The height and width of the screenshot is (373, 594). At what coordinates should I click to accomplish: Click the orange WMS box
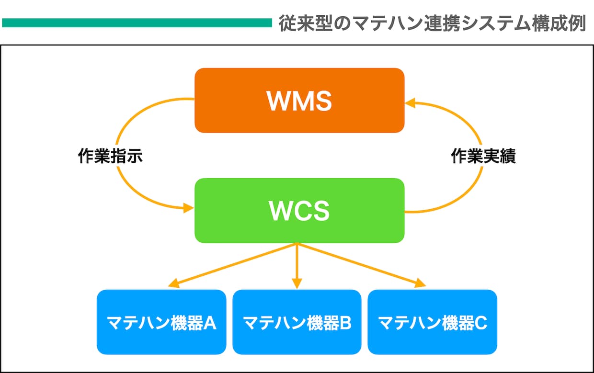(x=299, y=100)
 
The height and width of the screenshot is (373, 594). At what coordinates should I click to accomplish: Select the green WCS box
(x=299, y=211)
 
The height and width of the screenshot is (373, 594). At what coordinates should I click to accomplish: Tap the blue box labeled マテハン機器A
(x=161, y=322)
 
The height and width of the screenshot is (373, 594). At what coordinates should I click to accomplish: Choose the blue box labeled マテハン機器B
(x=297, y=322)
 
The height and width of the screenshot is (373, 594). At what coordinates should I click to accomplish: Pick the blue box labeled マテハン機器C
(x=432, y=322)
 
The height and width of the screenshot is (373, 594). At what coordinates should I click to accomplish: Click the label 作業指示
(x=110, y=156)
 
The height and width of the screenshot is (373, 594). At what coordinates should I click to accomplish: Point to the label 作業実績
(x=483, y=156)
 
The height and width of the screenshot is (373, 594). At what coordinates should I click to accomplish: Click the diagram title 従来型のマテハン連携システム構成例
(x=433, y=23)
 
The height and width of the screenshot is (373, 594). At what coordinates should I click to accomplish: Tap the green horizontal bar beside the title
(x=137, y=23)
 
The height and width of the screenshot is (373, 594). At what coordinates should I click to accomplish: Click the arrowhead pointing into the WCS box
(x=189, y=208)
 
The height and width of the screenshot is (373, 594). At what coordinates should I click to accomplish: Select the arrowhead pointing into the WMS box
(x=410, y=103)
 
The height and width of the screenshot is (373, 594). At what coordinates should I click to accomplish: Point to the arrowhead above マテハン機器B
(x=297, y=283)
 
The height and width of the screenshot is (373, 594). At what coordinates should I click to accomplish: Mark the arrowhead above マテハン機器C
(x=421, y=283)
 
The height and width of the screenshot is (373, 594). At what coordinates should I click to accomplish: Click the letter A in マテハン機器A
(x=210, y=323)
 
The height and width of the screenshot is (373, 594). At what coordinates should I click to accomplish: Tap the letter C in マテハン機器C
(x=480, y=323)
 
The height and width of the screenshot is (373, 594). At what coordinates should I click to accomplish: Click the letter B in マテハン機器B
(x=345, y=323)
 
